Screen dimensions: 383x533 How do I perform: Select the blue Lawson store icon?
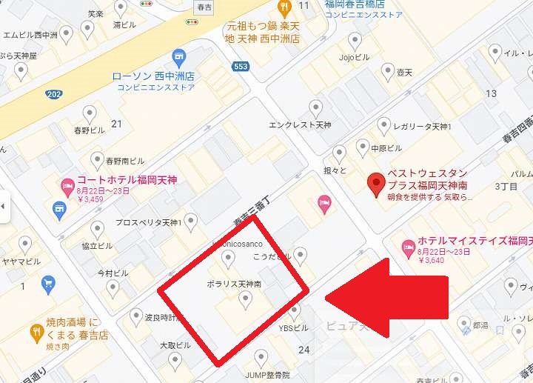tap(178, 57)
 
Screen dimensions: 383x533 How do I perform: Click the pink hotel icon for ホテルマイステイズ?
tap(406, 246)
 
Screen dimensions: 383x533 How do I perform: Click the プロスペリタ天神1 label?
tap(148, 222)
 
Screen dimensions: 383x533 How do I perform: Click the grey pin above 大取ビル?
tap(175, 360)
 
